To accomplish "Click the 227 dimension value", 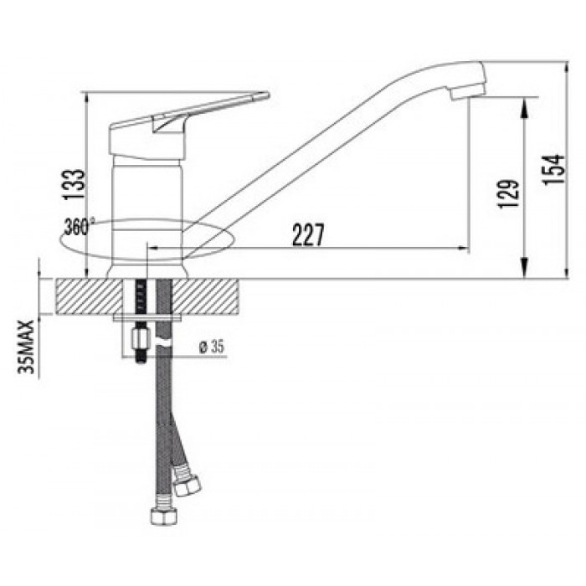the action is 308,234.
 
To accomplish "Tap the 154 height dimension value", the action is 554,169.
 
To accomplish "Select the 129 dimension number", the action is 509,193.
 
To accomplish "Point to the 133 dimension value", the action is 74,185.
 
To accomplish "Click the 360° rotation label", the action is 79,227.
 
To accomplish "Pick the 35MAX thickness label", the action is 26,347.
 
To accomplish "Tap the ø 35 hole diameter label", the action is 212,347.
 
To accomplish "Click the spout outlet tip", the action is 468,93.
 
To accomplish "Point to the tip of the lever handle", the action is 267,94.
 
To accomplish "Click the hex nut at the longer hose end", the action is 164,517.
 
